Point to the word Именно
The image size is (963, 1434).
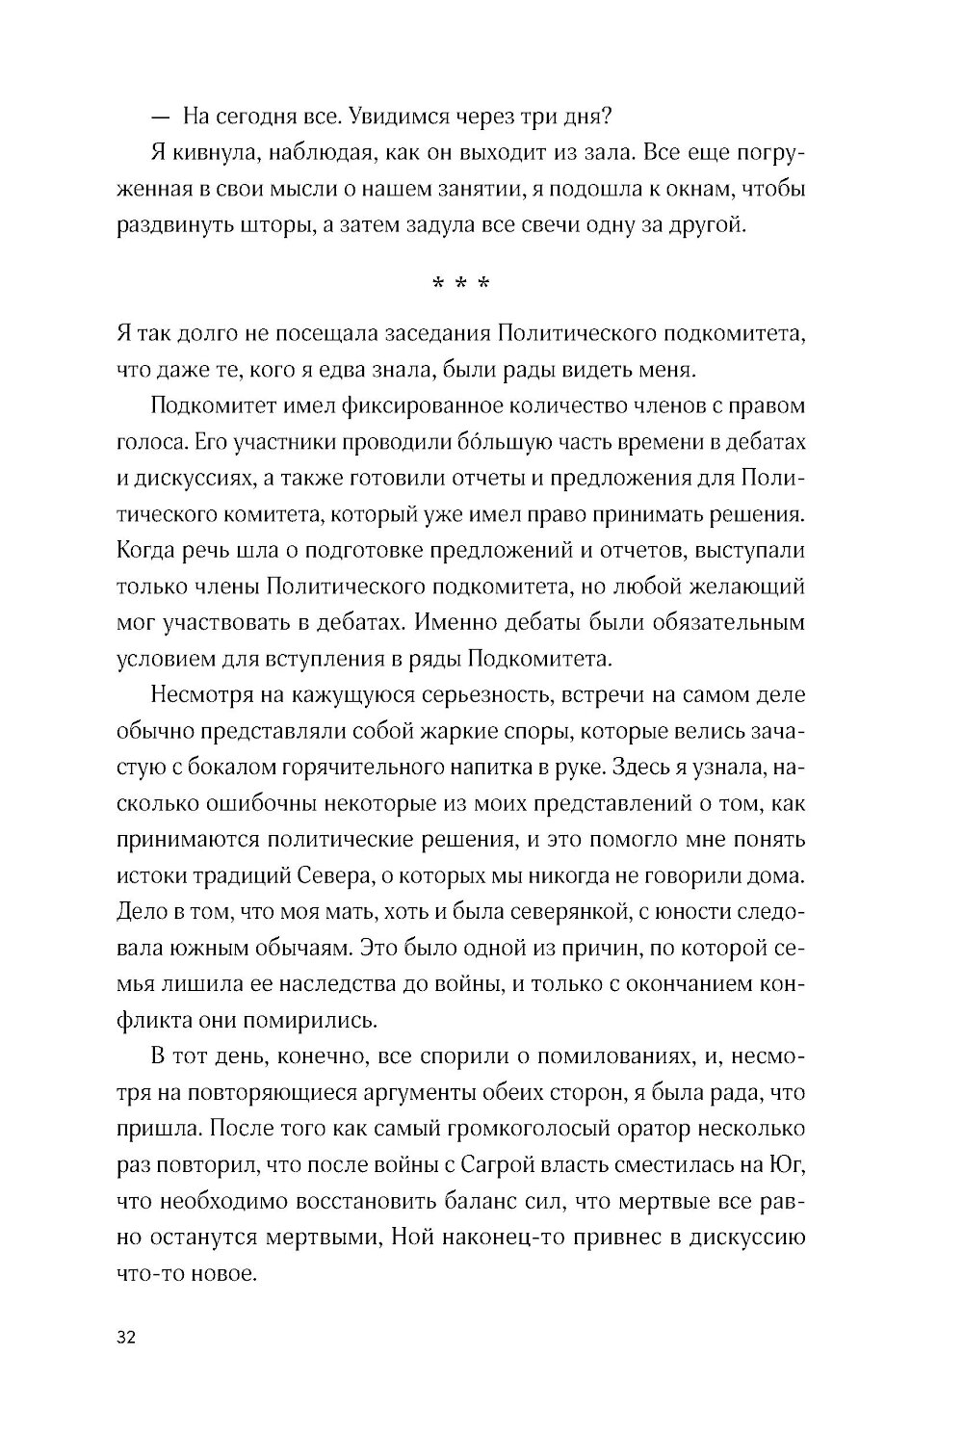coord(461,622)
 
